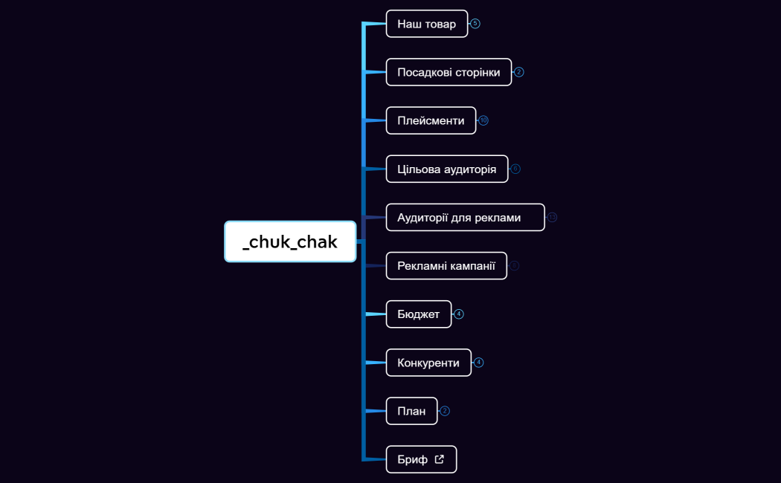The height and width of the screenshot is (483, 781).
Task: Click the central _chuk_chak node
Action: click(x=290, y=241)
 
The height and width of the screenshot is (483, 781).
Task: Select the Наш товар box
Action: click(x=426, y=24)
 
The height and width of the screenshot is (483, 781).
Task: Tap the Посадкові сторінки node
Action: click(x=449, y=72)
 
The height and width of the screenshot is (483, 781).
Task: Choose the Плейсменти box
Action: click(x=431, y=120)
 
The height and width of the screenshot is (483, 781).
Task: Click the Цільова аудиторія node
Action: click(x=446, y=169)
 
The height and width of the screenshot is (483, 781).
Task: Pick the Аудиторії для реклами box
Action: click(x=465, y=217)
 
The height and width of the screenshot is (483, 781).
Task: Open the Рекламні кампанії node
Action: click(x=446, y=266)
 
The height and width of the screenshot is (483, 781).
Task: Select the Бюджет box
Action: click(x=418, y=314)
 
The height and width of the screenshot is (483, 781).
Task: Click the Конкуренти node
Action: click(x=428, y=363)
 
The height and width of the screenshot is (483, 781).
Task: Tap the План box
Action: click(x=411, y=411)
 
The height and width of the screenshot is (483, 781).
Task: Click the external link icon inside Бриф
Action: click(x=440, y=459)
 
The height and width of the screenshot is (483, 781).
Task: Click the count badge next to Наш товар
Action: click(x=475, y=24)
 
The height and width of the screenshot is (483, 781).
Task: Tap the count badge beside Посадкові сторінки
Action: click(x=519, y=72)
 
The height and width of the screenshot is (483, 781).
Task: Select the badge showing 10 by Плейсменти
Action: click(x=483, y=120)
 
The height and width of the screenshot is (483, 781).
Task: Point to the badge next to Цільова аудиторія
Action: click(x=515, y=169)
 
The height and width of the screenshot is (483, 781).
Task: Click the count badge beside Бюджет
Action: click(x=459, y=314)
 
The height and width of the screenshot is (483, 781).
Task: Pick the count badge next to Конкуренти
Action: click(x=479, y=363)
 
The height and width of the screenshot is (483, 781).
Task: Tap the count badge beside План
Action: click(x=445, y=411)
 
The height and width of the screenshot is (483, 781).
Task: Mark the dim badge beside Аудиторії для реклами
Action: click(x=552, y=217)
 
